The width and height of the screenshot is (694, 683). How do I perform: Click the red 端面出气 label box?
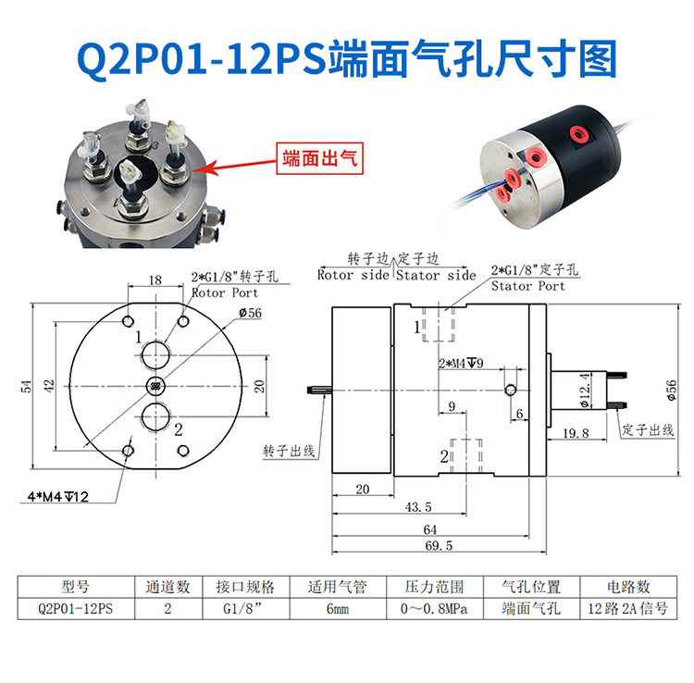tap(318, 158)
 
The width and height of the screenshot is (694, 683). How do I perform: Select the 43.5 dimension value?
tap(418, 507)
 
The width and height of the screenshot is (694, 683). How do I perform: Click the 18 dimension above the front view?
tap(155, 279)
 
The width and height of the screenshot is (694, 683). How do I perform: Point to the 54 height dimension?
tap(26, 385)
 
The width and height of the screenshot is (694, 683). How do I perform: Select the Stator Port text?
tap(527, 286)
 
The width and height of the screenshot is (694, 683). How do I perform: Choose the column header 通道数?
tap(167, 587)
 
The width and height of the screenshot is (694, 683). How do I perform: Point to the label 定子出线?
tap(645, 430)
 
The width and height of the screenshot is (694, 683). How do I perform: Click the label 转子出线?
tap(289, 451)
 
